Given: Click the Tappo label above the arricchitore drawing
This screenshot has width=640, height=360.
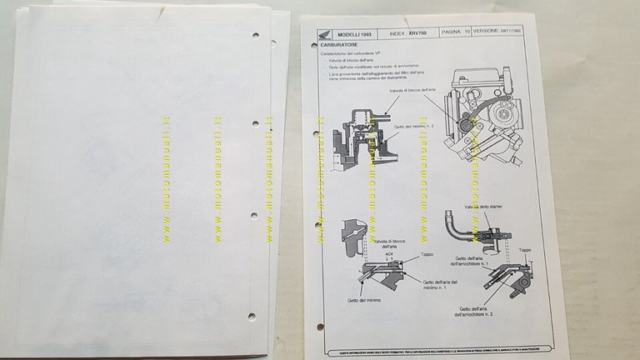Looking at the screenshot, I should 525,249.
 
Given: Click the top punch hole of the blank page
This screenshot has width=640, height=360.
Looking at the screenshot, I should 254,37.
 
